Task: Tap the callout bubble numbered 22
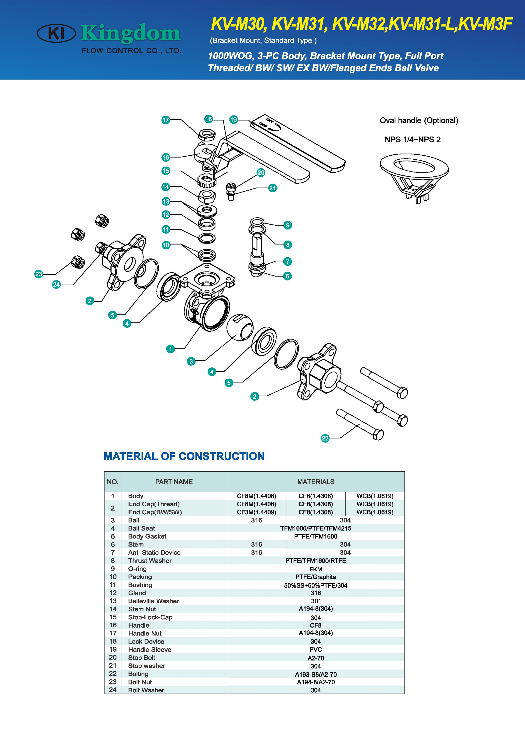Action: (325, 438)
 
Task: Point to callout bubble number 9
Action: (288, 225)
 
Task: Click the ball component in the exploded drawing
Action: (240, 327)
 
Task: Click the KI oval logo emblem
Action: (57, 33)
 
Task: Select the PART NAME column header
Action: (174, 482)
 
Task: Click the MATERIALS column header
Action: (316, 482)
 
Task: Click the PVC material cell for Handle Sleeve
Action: (316, 649)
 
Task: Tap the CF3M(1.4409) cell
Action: (256, 512)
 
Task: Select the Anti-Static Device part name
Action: (154, 552)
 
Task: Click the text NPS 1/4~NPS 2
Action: (413, 139)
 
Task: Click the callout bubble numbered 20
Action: (261, 172)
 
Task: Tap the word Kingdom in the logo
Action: (131, 33)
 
